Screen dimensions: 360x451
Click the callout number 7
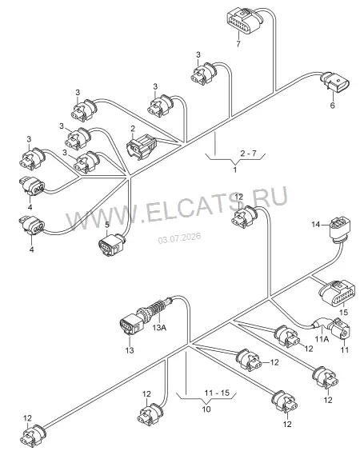pyautogui.click(x=238, y=44)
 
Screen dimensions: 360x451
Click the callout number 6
pyautogui.click(x=332, y=106)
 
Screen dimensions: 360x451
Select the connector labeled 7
pyautogui.click(x=244, y=21)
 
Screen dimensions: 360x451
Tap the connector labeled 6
pyautogui.click(x=335, y=82)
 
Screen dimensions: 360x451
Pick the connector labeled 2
pyautogui.click(x=141, y=147)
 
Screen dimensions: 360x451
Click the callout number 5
pyautogui.click(x=107, y=225)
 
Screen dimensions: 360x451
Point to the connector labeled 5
pyautogui.click(x=112, y=245)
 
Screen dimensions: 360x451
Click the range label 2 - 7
pyautogui.click(x=248, y=154)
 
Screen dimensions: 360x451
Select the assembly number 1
pyautogui.click(x=235, y=170)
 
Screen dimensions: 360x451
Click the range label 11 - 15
pyautogui.click(x=217, y=393)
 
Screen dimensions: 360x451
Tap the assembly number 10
pyautogui.click(x=206, y=409)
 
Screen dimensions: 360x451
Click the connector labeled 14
pyautogui.click(x=341, y=230)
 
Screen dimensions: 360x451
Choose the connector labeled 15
pyautogui.click(x=336, y=294)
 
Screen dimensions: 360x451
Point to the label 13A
pyautogui.click(x=159, y=327)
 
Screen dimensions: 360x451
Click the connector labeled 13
pyautogui.click(x=131, y=325)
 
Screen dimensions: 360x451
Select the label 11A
pyautogui.click(x=322, y=339)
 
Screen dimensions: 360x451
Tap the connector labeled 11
pyautogui.click(x=341, y=329)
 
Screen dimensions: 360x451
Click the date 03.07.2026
pyautogui.click(x=179, y=238)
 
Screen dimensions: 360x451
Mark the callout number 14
pyautogui.click(x=316, y=224)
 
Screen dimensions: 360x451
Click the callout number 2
pyautogui.click(x=133, y=129)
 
